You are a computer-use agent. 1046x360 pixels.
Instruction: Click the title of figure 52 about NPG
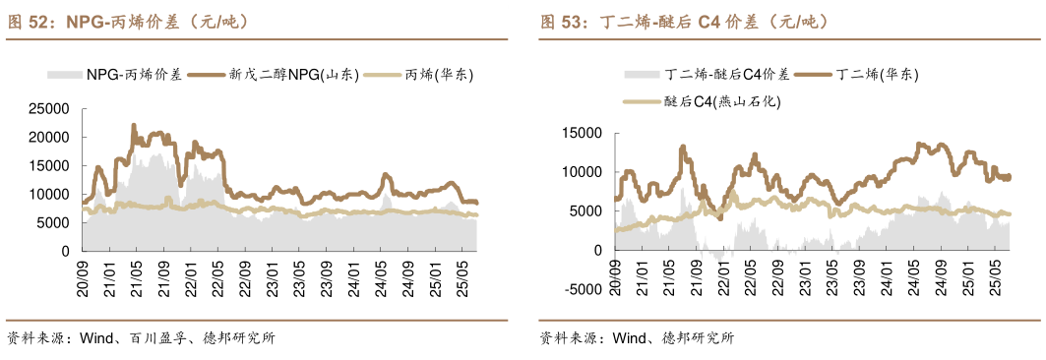tap(129, 21)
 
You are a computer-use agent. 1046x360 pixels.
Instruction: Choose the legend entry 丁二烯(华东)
tap(876, 74)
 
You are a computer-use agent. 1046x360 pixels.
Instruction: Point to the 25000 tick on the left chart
tap(49, 109)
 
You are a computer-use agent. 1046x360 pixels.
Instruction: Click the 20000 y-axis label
tap(49, 138)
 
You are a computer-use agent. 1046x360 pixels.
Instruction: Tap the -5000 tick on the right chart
tap(581, 289)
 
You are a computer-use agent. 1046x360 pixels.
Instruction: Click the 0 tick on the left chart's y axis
tap(65, 251)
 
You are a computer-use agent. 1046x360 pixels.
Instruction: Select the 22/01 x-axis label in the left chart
tap(191, 270)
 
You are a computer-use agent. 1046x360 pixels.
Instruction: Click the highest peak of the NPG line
tap(134, 125)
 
